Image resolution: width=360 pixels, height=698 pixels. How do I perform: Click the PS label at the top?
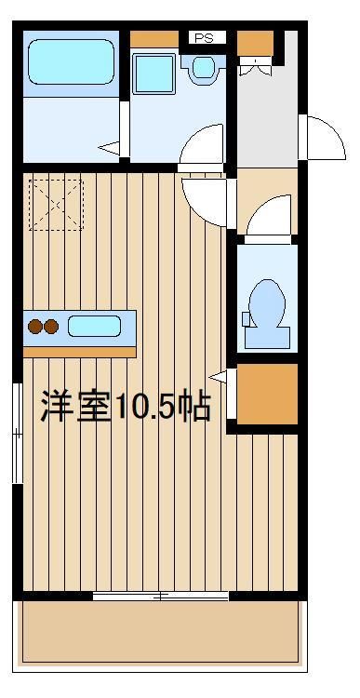pyautogui.click(x=205, y=38)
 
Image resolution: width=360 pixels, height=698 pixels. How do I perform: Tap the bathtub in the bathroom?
pyautogui.click(x=72, y=61)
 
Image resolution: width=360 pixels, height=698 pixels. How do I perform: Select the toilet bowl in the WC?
pyautogui.click(x=267, y=304)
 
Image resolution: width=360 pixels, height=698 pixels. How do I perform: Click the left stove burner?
pyautogui.click(x=34, y=327)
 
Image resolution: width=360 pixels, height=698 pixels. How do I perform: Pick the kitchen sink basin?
pyautogui.click(x=94, y=326)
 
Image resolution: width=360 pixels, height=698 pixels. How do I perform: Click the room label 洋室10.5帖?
pyautogui.click(x=126, y=406)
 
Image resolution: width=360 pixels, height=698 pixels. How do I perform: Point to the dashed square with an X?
pyautogui.click(x=56, y=205)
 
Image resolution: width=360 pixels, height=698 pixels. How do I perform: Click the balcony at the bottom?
pyautogui.click(x=160, y=631)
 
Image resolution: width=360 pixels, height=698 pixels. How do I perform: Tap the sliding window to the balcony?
pyautogui.click(x=161, y=596)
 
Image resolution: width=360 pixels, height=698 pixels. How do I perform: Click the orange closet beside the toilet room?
pyautogui.click(x=267, y=394)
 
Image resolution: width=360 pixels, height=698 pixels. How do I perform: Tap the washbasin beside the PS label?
pyautogui.click(x=204, y=67)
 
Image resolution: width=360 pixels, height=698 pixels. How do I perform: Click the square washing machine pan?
pyautogui.click(x=153, y=74)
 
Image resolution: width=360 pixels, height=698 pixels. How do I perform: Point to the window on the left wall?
pyautogui.click(x=18, y=433)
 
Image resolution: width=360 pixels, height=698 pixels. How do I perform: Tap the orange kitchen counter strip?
pyautogui.click(x=80, y=353)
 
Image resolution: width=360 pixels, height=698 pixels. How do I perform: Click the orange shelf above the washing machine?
pyautogui.click(x=154, y=39)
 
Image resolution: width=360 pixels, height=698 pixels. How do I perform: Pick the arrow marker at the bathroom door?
pyautogui.click(x=109, y=148)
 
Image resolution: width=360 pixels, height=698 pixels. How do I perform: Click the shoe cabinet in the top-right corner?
pyautogui.click(x=255, y=44)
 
